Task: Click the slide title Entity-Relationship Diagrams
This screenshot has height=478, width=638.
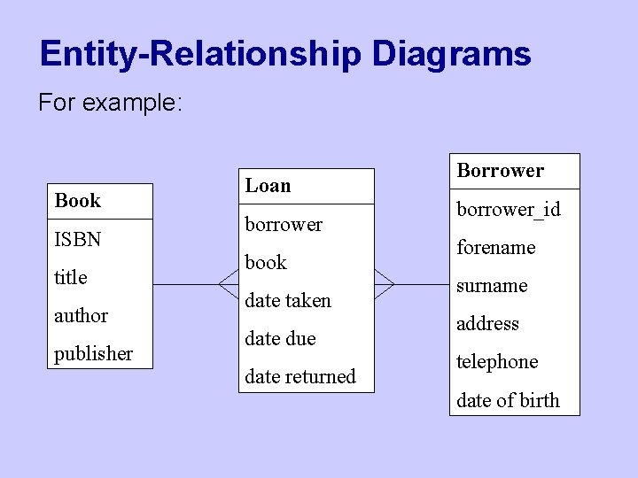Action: (x=285, y=54)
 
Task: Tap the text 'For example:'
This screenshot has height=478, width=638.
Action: (x=110, y=104)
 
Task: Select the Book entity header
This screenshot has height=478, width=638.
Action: (x=78, y=201)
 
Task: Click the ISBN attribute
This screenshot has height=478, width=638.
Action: (x=78, y=239)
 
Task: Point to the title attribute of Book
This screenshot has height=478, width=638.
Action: (x=71, y=277)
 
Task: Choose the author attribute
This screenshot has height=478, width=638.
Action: (x=81, y=315)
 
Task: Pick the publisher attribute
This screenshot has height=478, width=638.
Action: (x=93, y=353)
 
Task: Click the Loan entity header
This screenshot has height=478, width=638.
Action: (x=268, y=186)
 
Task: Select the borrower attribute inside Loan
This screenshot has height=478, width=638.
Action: (x=284, y=224)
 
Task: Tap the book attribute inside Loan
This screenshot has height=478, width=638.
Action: (x=266, y=262)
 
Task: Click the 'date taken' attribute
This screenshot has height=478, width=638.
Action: (x=288, y=300)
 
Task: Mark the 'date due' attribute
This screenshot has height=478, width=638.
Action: (x=280, y=338)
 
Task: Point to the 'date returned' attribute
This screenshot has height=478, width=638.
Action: (x=300, y=376)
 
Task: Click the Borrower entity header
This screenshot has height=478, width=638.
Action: (x=500, y=171)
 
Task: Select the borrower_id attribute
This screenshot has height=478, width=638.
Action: (x=508, y=210)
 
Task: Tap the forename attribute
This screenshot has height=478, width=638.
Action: (x=495, y=248)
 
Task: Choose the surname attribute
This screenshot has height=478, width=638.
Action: (x=492, y=286)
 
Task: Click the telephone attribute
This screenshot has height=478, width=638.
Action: (x=497, y=362)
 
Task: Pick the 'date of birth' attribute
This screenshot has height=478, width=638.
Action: (x=508, y=400)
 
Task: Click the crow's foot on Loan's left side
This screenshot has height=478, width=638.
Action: (x=229, y=284)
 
